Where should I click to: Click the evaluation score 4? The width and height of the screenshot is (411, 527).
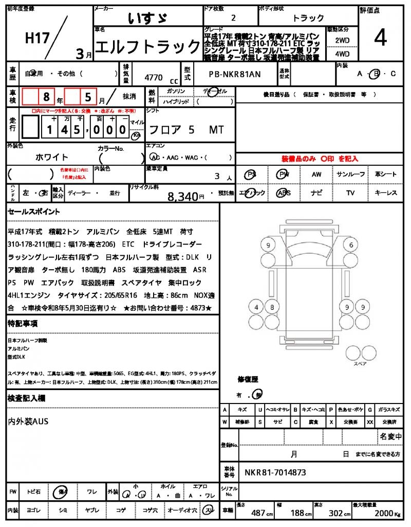(x=380, y=38)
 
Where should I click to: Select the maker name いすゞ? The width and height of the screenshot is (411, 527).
(x=147, y=18)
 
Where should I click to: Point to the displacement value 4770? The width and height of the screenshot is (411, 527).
(x=154, y=78)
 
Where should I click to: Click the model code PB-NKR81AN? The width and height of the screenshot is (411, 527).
(x=235, y=74)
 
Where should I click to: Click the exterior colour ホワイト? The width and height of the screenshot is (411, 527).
(x=52, y=157)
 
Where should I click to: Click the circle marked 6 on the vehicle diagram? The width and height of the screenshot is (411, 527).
(x=351, y=244)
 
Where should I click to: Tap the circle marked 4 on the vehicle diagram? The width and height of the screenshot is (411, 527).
(x=256, y=308)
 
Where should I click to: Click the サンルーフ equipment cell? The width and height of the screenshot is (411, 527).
(x=351, y=174)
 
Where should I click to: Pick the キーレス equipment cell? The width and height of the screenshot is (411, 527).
(x=385, y=193)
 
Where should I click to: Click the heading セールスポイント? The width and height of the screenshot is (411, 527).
(x=34, y=212)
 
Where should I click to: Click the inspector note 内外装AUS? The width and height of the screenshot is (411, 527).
(x=28, y=421)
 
